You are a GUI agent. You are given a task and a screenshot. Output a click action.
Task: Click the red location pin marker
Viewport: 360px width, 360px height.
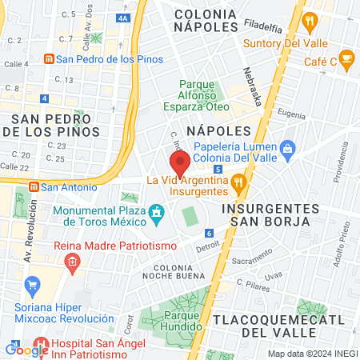180,163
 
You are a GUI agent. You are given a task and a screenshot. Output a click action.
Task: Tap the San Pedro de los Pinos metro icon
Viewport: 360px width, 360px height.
48,59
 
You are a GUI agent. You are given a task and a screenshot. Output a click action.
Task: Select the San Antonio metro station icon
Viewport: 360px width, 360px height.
34,187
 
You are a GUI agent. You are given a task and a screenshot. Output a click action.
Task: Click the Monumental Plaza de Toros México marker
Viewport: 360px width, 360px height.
157,213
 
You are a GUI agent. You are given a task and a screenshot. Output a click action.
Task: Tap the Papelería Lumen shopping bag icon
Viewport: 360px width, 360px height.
288,147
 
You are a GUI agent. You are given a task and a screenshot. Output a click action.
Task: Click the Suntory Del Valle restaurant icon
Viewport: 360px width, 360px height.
308,22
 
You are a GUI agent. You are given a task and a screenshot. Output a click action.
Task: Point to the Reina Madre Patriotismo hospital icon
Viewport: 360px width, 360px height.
72,260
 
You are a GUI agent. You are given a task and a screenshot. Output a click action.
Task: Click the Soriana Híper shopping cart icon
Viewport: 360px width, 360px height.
33,284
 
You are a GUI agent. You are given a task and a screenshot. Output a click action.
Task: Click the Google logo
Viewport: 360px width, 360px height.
27,350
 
